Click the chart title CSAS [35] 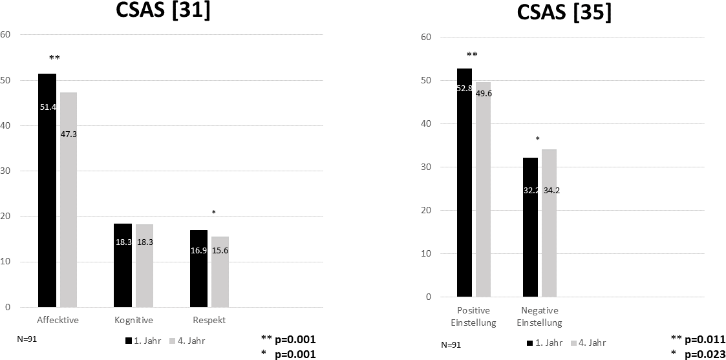click(564, 12)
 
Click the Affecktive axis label click(58, 321)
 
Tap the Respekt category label click(209, 321)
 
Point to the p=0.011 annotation click(704, 339)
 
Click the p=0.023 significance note click(704, 354)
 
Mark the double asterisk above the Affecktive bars click(54, 59)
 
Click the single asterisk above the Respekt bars click(213, 213)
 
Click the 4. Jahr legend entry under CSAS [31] click(187, 341)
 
